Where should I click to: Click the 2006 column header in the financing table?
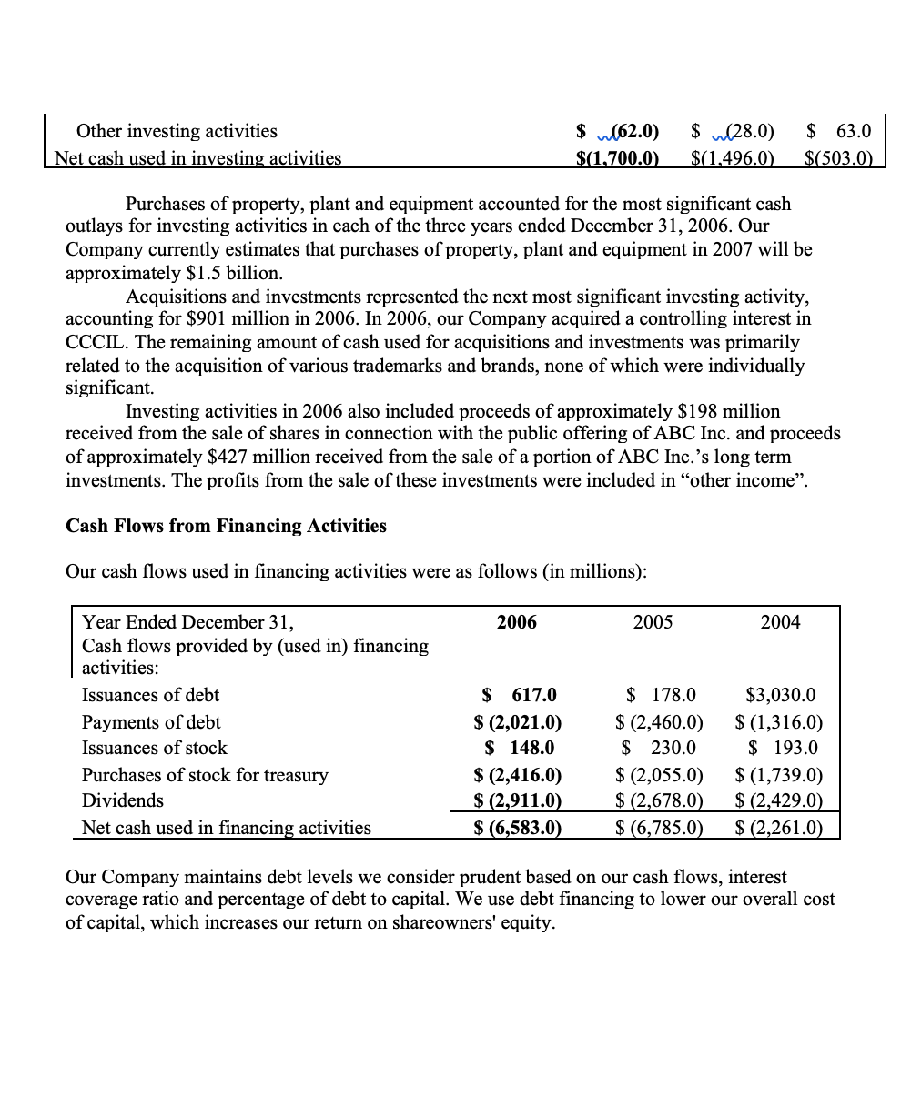[x=517, y=622]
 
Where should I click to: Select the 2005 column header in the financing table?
[x=653, y=622]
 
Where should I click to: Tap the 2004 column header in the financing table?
[x=780, y=622]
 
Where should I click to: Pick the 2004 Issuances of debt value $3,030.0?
[x=780, y=696]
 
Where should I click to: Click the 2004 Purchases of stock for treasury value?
[x=779, y=775]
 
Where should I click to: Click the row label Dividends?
[x=123, y=801]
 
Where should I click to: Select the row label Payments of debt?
[x=151, y=722]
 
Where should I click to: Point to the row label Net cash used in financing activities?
[x=227, y=828]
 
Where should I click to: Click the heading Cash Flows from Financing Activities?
[x=226, y=526]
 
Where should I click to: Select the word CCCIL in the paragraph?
[x=93, y=343]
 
